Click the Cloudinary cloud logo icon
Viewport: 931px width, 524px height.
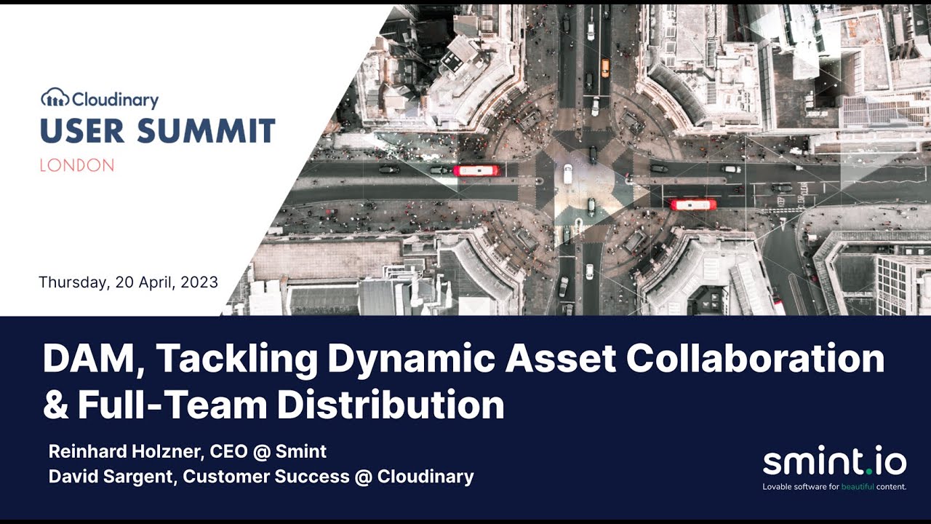(x=55, y=98)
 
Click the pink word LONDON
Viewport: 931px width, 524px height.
(x=76, y=166)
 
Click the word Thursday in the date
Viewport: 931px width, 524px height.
(x=73, y=282)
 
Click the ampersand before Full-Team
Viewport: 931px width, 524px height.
(x=55, y=405)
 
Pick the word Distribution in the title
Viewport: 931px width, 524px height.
(x=390, y=405)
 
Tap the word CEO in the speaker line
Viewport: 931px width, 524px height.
(x=228, y=451)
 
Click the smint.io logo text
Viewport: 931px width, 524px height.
(x=834, y=461)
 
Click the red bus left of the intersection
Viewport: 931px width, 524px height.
(x=477, y=170)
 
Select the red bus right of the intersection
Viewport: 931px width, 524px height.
(x=692, y=205)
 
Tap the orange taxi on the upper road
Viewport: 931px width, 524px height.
(x=605, y=68)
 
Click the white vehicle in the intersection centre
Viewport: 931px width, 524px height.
(x=567, y=175)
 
